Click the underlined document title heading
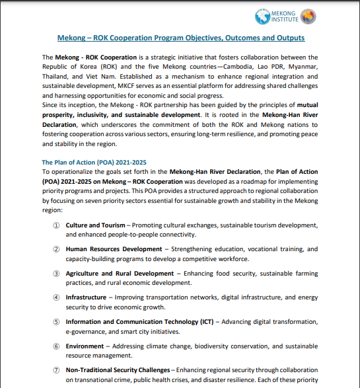[x=181, y=38]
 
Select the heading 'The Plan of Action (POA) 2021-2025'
[x=94, y=162]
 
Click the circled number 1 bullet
[x=56, y=225]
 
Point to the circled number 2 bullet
[x=56, y=249]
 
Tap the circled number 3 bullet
[x=56, y=273]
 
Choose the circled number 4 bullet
[x=56, y=297]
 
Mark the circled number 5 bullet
[x=56, y=321]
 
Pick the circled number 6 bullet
[x=56, y=345]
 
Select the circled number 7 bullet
[x=56, y=369]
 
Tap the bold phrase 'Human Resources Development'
[x=114, y=249]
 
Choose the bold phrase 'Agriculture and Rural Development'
[x=120, y=273]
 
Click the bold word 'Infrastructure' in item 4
[x=87, y=297]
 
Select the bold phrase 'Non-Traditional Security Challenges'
[x=117, y=369]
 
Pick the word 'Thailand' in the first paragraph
[x=55, y=77]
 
